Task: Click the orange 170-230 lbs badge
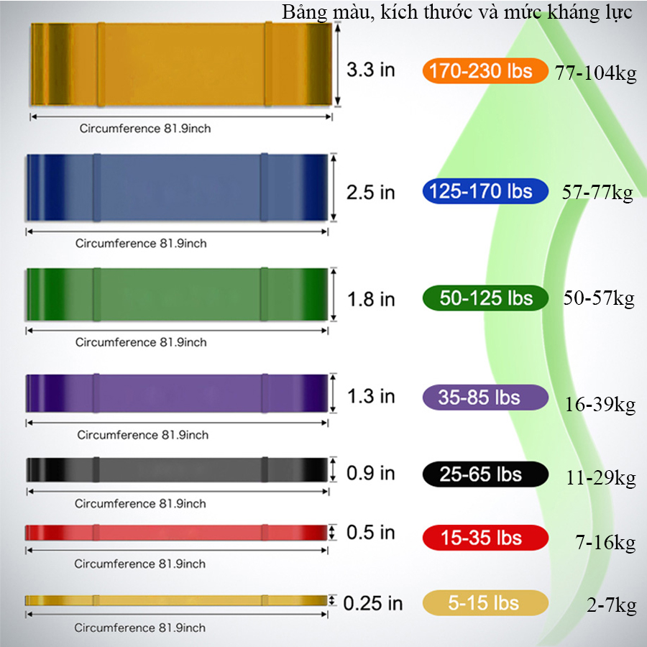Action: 485,70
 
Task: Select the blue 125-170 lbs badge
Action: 485,191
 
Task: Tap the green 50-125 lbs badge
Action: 485,298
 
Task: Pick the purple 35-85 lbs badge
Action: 485,398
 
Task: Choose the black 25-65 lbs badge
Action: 485,474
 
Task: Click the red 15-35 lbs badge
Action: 485,538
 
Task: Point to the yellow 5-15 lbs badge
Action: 485,603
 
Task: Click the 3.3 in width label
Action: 370,69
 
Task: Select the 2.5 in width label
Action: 370,192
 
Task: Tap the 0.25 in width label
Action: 372,603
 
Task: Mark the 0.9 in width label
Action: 370,473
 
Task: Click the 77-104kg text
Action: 595,73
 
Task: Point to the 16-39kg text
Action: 600,405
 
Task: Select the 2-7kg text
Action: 612,606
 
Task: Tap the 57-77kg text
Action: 597,193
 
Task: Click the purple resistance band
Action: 177,393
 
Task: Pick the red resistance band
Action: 176,532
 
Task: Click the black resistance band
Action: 177,469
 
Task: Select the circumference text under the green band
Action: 141,342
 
